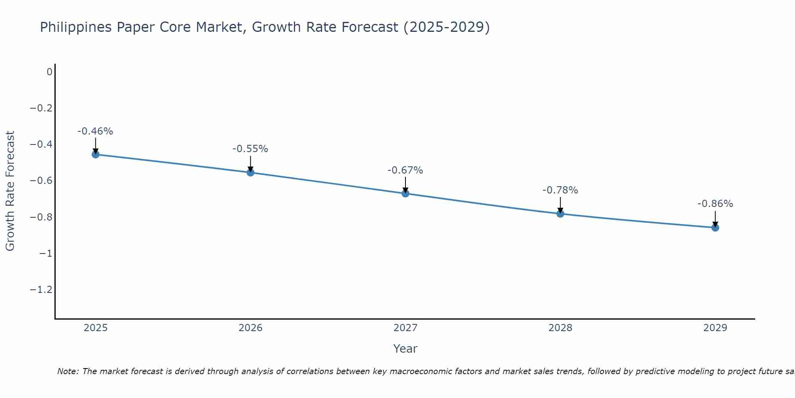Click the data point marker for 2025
95,154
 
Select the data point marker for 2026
250,172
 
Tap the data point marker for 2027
405,193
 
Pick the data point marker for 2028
560,214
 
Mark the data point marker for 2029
715,228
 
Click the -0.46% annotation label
95,131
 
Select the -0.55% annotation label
250,149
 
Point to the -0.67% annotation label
405,170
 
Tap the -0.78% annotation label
560,190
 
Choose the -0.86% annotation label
715,204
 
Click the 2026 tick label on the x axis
250,328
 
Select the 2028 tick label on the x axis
560,328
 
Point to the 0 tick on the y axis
49,72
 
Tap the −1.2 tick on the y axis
41,289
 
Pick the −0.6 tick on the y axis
41,181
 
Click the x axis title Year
405,349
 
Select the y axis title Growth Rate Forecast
10,191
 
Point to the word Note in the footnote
68,371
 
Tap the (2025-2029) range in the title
446,27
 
